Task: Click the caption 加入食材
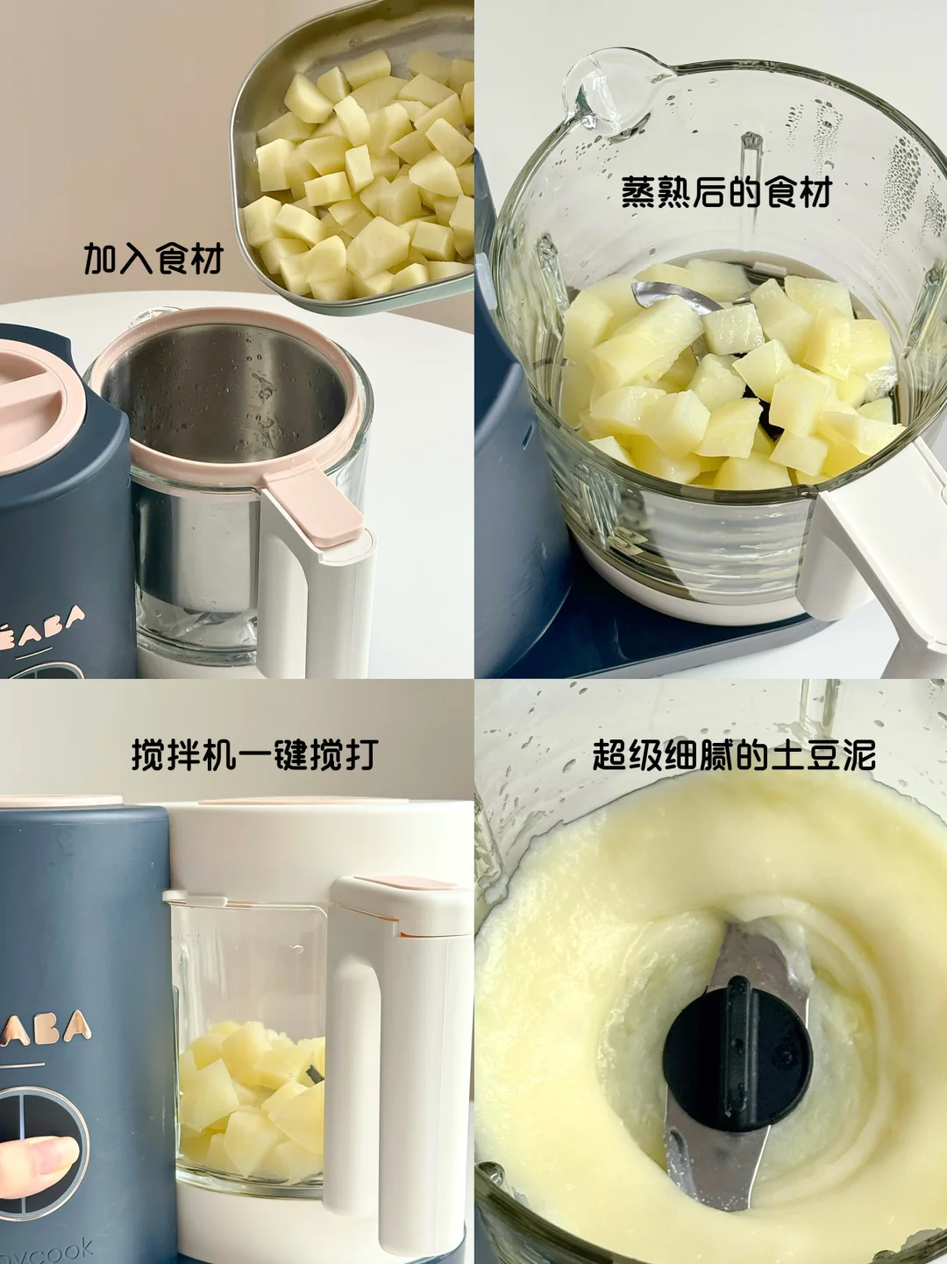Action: coord(153,260)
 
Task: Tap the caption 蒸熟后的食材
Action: coord(725,192)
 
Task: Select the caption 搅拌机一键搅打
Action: coord(254,753)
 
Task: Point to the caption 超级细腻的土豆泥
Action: coord(734,753)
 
